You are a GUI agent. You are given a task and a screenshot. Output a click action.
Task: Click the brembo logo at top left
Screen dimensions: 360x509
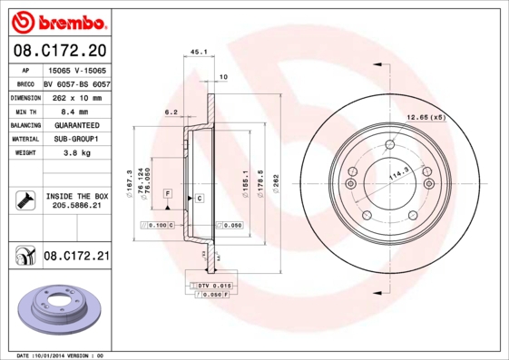[x=56, y=21]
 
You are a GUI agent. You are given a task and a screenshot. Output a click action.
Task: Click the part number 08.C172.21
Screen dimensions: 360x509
[x=76, y=257]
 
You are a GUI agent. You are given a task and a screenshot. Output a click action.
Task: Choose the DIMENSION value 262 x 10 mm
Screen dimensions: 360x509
[x=76, y=97]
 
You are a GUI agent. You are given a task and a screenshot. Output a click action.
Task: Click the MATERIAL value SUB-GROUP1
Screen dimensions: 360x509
[x=76, y=140]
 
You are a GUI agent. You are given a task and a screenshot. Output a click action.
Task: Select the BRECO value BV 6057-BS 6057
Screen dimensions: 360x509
[x=76, y=83]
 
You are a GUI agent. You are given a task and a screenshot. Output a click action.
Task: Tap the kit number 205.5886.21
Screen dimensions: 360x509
[x=76, y=207]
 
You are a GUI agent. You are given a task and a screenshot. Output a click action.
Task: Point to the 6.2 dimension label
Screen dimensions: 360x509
[x=170, y=112]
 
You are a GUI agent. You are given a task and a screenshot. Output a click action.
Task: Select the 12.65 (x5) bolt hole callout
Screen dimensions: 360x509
[x=426, y=118]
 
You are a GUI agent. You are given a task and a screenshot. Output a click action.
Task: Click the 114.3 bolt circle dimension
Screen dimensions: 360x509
[x=398, y=171]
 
